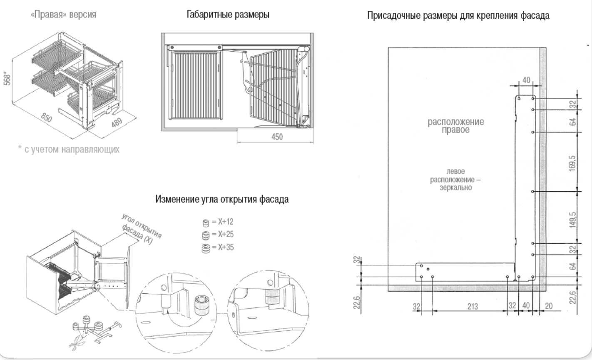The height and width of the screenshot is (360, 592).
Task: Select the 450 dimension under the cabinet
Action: [x=277, y=137]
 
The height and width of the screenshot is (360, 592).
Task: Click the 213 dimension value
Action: [x=473, y=307]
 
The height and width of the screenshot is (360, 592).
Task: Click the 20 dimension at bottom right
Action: [x=549, y=306]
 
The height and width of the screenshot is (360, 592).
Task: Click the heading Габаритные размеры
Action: [x=228, y=15]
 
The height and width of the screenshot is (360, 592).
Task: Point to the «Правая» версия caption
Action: [x=63, y=15]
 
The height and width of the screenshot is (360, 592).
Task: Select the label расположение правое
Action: [x=456, y=126]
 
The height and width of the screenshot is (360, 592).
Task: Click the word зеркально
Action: [x=456, y=187]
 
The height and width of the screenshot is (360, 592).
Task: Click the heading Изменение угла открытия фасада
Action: [x=222, y=199]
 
